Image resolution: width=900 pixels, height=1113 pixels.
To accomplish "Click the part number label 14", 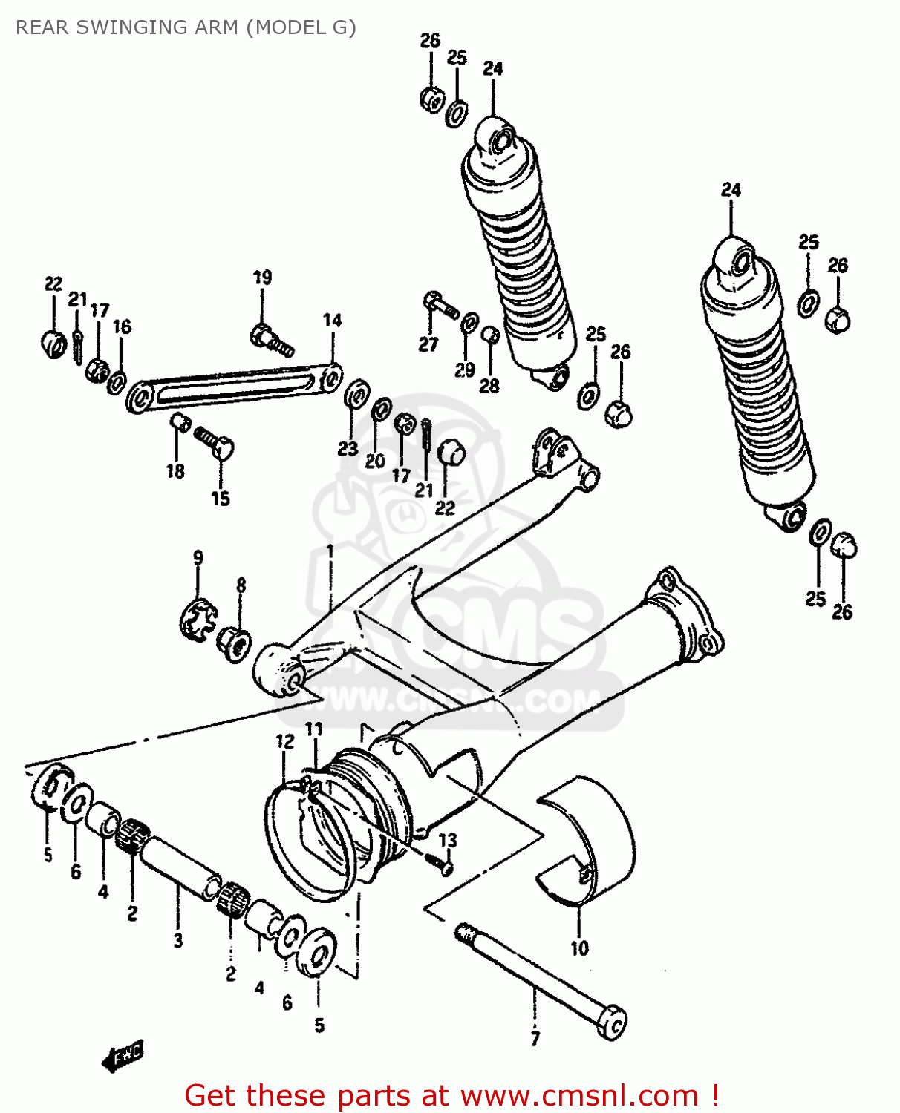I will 332,321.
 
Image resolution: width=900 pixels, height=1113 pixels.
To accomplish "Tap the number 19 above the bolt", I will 262,278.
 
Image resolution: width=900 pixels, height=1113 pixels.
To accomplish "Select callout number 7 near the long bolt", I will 535,1039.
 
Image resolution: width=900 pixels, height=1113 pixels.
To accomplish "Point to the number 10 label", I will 579,948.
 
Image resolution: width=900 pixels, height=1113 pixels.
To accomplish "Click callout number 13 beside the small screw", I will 448,840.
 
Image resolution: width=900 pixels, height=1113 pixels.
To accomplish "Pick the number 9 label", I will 198,558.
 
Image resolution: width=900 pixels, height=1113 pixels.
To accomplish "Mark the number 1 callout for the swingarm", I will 329,551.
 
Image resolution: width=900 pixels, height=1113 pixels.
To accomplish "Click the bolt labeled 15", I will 215,443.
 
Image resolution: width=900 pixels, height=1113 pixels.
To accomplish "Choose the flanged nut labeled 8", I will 235,643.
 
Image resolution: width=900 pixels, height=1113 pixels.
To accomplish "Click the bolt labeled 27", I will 439,304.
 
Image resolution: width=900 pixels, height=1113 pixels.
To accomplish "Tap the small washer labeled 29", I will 469,324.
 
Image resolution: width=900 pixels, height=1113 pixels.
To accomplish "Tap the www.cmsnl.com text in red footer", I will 579,1096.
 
